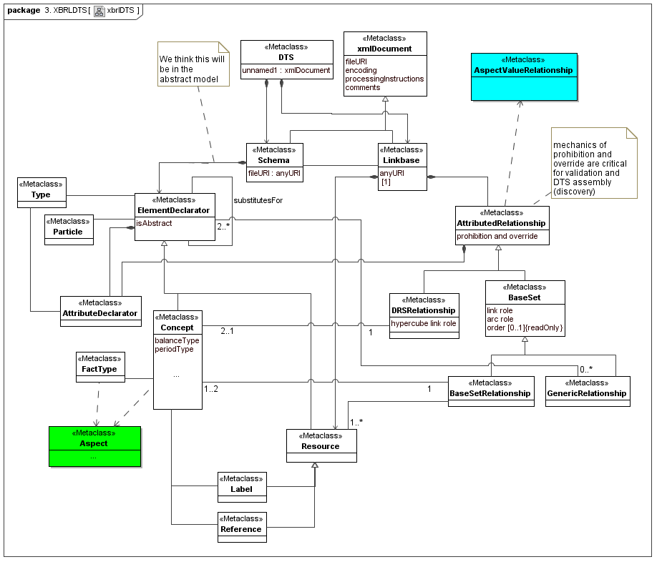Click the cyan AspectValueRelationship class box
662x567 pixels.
pyautogui.click(x=524, y=76)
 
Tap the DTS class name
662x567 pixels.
pyautogui.click(x=286, y=56)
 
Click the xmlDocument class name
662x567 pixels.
pyautogui.click(x=385, y=49)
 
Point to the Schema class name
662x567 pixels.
pyautogui.click(x=274, y=160)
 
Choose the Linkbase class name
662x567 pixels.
pyautogui.click(x=402, y=160)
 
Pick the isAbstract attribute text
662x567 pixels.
pyautogui.click(x=155, y=224)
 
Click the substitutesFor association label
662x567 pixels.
pyautogui.click(x=258, y=200)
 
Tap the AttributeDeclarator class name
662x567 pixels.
pyautogui.click(x=99, y=313)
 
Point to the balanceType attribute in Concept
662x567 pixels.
pyautogui.click(x=177, y=340)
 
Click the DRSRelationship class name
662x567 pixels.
pyautogui.click(x=424, y=310)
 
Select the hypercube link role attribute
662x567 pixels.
pyautogui.click(x=424, y=323)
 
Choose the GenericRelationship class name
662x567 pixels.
pyautogui.click(x=587, y=393)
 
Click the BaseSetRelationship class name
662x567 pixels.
pyautogui.click(x=490, y=393)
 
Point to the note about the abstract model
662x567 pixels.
pyautogui.click(x=193, y=64)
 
